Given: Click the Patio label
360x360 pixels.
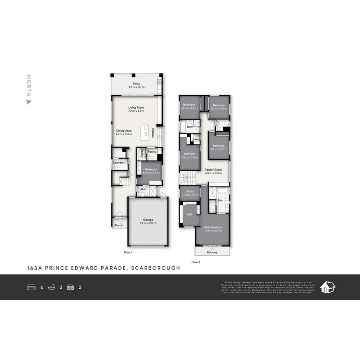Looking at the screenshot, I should pos(136,84).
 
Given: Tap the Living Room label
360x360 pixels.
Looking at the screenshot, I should pos(136,108).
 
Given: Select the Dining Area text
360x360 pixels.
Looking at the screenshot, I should pos(124,131).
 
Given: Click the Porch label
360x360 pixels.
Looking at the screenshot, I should pos(119,225).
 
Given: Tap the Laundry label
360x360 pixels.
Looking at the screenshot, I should pos(118,163).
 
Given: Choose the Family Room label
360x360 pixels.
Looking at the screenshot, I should pos(213,170).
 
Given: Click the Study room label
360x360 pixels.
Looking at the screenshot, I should pos(190,191).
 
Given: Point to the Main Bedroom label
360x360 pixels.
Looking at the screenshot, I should pos(213,227).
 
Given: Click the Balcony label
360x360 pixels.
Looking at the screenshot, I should pos(212,252).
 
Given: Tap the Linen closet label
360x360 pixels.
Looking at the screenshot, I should pos(195,139).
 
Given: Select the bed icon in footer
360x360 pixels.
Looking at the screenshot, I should pos(31,287).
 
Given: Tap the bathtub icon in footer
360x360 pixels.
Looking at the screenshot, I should pos(51,287).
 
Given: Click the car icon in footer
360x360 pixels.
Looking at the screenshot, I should pos(70,287).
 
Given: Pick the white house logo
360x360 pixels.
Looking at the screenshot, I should pos(327,287).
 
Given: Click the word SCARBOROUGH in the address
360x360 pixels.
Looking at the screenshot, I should pos(156,268).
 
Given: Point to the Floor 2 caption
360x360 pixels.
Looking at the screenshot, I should pos(196,262).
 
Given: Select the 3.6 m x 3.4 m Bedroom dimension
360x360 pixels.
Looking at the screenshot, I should pos(151,173).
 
